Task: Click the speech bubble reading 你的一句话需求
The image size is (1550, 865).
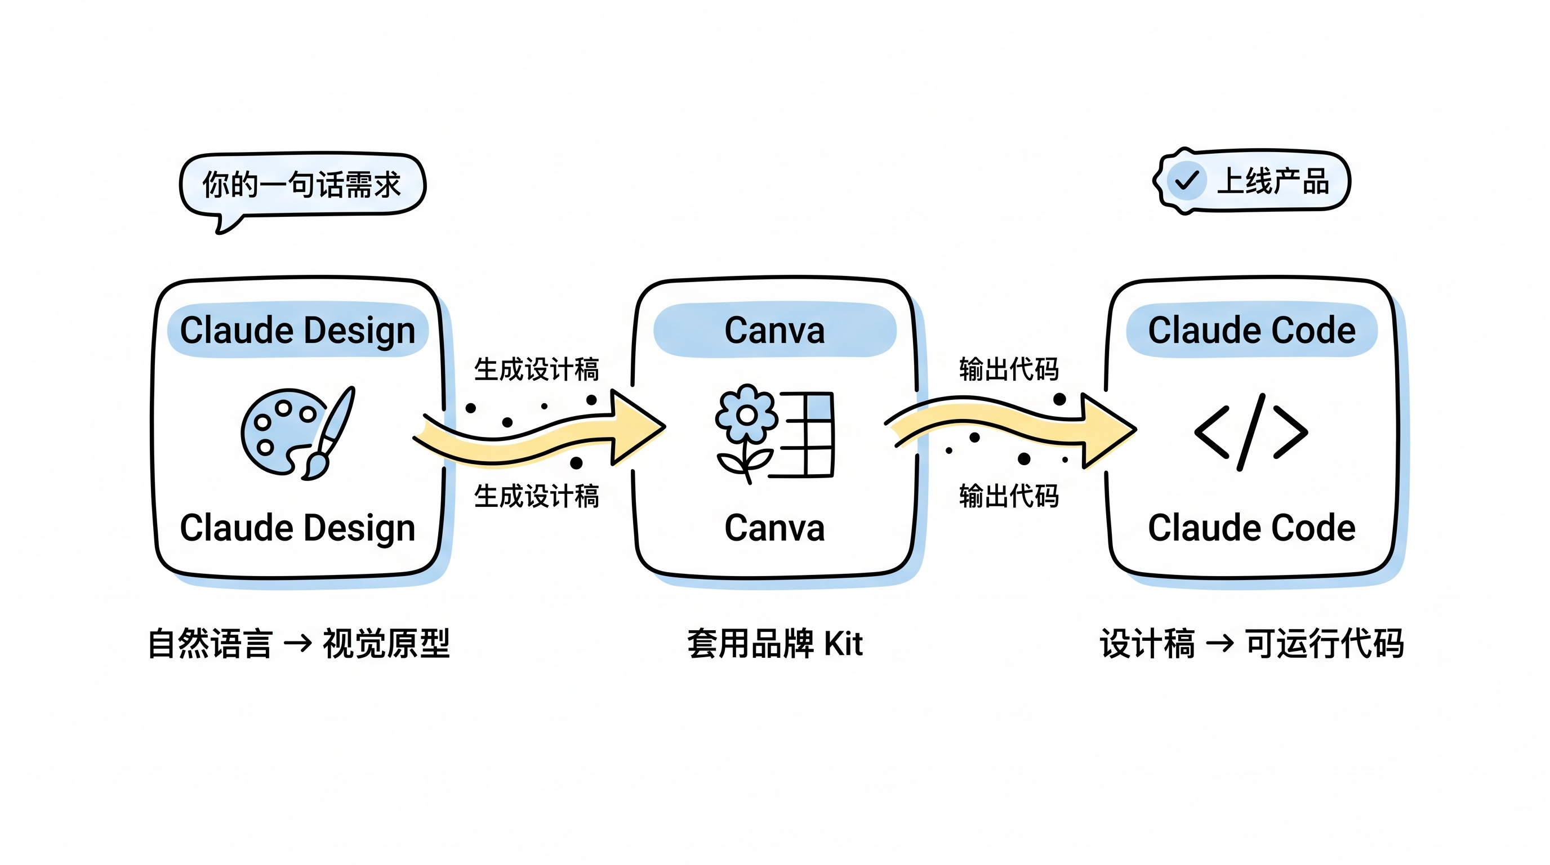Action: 302,184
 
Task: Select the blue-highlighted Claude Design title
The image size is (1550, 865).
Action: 297,330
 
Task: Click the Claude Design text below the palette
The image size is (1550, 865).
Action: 297,528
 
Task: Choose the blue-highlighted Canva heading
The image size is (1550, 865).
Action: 774,330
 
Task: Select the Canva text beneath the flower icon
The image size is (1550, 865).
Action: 774,528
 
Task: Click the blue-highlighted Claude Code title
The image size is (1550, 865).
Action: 1251,330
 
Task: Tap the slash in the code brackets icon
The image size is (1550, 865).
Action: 1251,432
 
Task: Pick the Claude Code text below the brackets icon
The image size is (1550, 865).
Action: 1251,528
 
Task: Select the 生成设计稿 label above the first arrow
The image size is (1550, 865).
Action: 536,369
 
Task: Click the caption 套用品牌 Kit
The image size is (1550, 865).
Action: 774,644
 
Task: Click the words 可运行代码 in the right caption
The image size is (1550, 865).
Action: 1324,644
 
